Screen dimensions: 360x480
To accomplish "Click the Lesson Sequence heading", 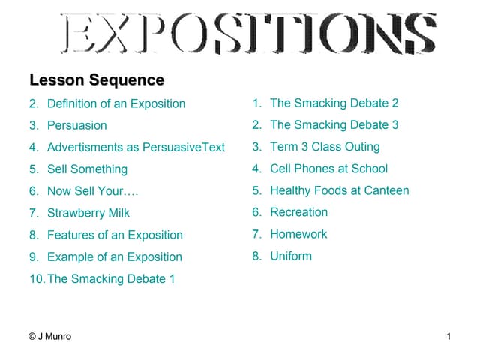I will [96, 79].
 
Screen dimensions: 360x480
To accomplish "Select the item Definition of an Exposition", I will [116, 103].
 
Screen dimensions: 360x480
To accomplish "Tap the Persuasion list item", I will [76, 125].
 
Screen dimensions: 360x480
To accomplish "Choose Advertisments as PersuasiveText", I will [136, 147].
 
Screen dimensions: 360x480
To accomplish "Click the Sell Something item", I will [87, 169].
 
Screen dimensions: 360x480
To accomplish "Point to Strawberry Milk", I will [88, 213].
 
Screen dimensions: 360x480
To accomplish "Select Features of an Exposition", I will [115, 235].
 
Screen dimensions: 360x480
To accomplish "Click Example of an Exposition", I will [114, 256].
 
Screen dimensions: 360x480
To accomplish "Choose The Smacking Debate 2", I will [334, 103].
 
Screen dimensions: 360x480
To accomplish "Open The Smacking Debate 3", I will [334, 124].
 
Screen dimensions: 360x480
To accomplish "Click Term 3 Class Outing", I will [325, 147].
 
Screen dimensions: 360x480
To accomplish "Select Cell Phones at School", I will [328, 169].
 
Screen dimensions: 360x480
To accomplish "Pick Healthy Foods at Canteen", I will [339, 190].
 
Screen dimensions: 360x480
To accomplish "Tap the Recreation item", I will [298, 212].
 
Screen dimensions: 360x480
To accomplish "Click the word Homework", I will [298, 234].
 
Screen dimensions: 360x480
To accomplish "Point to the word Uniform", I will [291, 256].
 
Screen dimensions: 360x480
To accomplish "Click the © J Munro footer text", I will [49, 337].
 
